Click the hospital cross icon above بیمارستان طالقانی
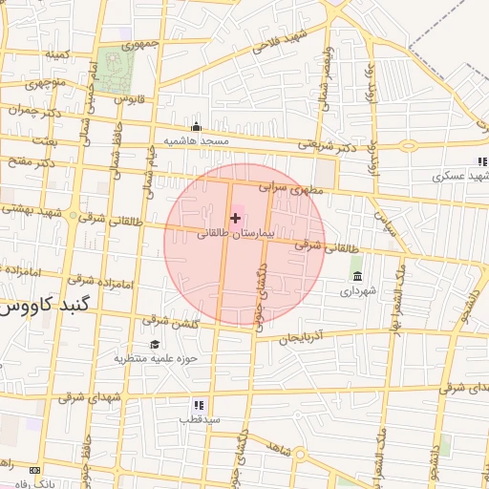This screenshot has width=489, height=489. pyautogui.click(x=236, y=219)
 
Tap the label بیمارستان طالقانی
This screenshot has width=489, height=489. pyautogui.click(x=236, y=233)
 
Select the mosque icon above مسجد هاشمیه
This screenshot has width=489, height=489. pyautogui.click(x=197, y=127)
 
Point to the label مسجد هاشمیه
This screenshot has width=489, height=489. pyautogui.click(x=197, y=141)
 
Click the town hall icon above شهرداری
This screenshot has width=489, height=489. pyautogui.click(x=357, y=276)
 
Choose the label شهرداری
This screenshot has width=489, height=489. pyautogui.click(x=358, y=289)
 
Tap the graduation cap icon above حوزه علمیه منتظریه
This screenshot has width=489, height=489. pyautogui.click(x=155, y=345)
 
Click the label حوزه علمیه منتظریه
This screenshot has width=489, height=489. pyautogui.click(x=156, y=359)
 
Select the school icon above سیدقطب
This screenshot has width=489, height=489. pyautogui.click(x=199, y=405)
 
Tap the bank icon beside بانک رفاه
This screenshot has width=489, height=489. pyautogui.click(x=35, y=470)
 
